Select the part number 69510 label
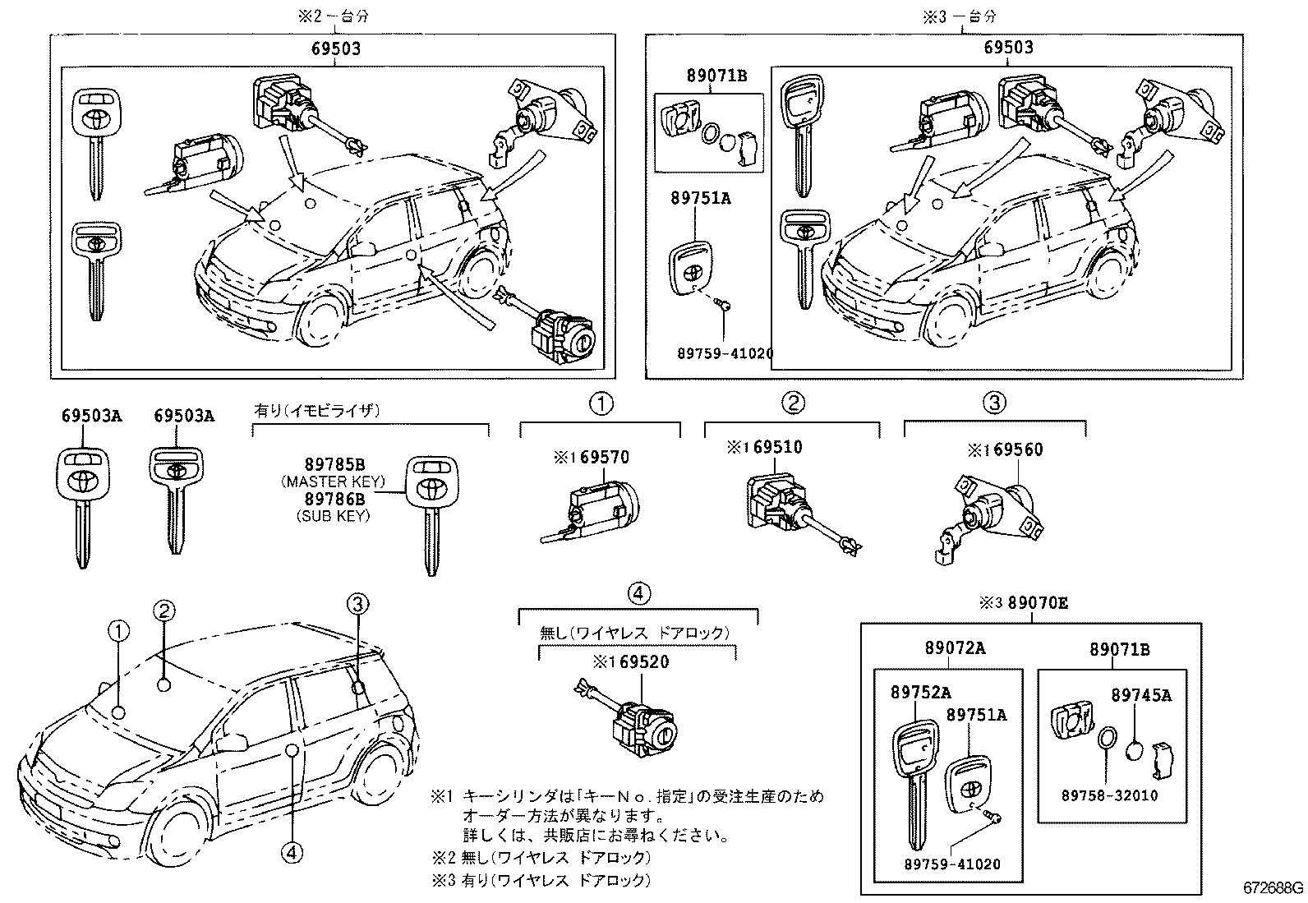pyautogui.click(x=776, y=447)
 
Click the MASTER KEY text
pyautogui.click(x=333, y=481)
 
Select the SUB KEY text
pyautogui.click(x=333, y=516)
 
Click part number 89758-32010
pyautogui.click(x=1109, y=795)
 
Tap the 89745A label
pyautogui.click(x=1141, y=695)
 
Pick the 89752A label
pyautogui.click(x=920, y=693)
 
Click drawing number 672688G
pyautogui.click(x=1272, y=888)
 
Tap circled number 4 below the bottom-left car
pyautogui.click(x=291, y=853)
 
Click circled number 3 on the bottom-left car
pyautogui.click(x=357, y=604)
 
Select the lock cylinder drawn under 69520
pyautogui.click(x=645, y=723)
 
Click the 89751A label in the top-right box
pyautogui.click(x=700, y=198)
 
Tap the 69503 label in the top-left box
pyautogui.click(x=335, y=49)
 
